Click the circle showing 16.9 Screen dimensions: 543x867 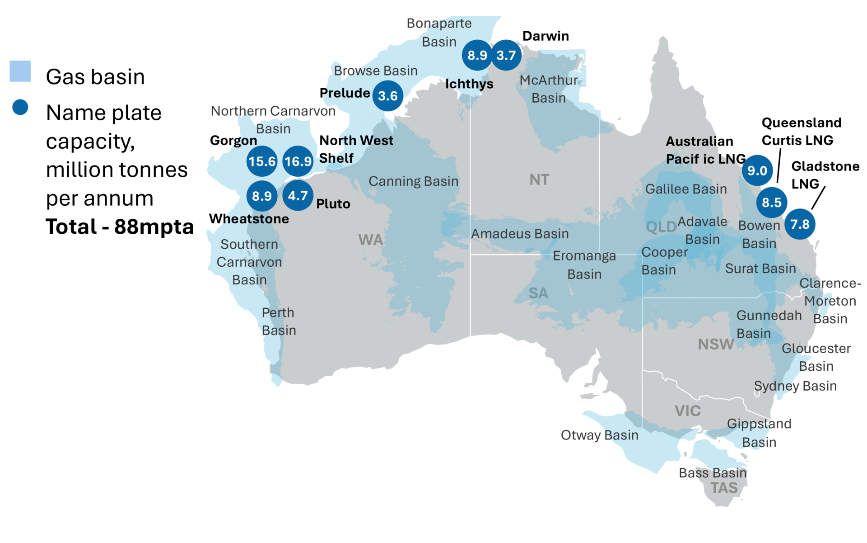point(298,161)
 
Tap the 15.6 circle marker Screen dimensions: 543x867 point(262,161)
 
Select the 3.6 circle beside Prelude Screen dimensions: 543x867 point(388,96)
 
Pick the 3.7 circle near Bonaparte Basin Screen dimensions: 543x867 point(506,55)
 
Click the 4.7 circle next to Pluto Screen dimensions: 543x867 point(298,196)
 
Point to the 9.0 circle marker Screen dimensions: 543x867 point(757,170)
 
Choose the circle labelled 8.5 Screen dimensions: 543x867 point(772,202)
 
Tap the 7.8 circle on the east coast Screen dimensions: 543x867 point(800,224)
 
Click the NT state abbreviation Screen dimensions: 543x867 point(539,180)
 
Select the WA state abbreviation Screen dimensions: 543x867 point(371,240)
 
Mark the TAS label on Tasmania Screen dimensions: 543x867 point(724,488)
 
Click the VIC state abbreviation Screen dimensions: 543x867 point(688,411)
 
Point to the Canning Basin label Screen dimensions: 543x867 point(413,181)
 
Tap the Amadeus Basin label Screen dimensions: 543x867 point(520,234)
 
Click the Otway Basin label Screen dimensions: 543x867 point(599,435)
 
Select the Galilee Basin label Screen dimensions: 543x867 point(686,189)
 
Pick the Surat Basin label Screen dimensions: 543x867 point(760,269)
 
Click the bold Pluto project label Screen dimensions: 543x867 point(333,204)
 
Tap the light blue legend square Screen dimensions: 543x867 point(20,71)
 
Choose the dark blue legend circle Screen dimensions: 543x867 point(20,107)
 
